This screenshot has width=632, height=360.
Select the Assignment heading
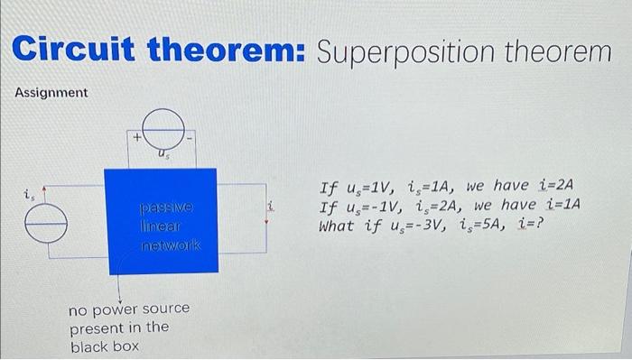(51, 93)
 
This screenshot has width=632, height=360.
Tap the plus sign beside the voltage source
(136, 138)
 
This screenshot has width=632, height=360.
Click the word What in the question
(338, 226)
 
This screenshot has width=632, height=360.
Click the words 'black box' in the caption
(102, 346)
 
